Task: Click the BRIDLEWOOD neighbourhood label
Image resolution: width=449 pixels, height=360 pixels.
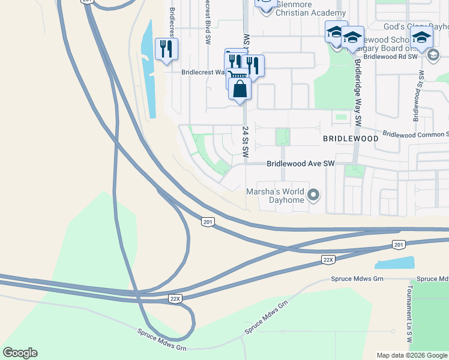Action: click(351, 139)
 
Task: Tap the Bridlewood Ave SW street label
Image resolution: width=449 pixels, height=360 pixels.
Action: click(300, 163)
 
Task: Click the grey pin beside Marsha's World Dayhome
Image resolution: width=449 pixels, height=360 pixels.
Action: click(313, 195)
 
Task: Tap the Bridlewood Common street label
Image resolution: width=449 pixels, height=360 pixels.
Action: click(415, 134)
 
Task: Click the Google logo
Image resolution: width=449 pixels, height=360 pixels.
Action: click(20, 353)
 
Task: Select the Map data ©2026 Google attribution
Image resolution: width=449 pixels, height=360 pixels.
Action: click(411, 355)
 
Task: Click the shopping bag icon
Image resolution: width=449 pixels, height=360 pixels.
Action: click(240, 89)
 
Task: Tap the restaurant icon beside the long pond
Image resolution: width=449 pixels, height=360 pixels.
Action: click(166, 49)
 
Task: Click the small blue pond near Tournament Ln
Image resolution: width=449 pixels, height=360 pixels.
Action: click(395, 263)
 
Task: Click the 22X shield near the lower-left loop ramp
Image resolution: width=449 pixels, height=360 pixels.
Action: click(175, 298)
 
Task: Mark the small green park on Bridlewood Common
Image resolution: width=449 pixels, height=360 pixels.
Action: click(282, 137)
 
